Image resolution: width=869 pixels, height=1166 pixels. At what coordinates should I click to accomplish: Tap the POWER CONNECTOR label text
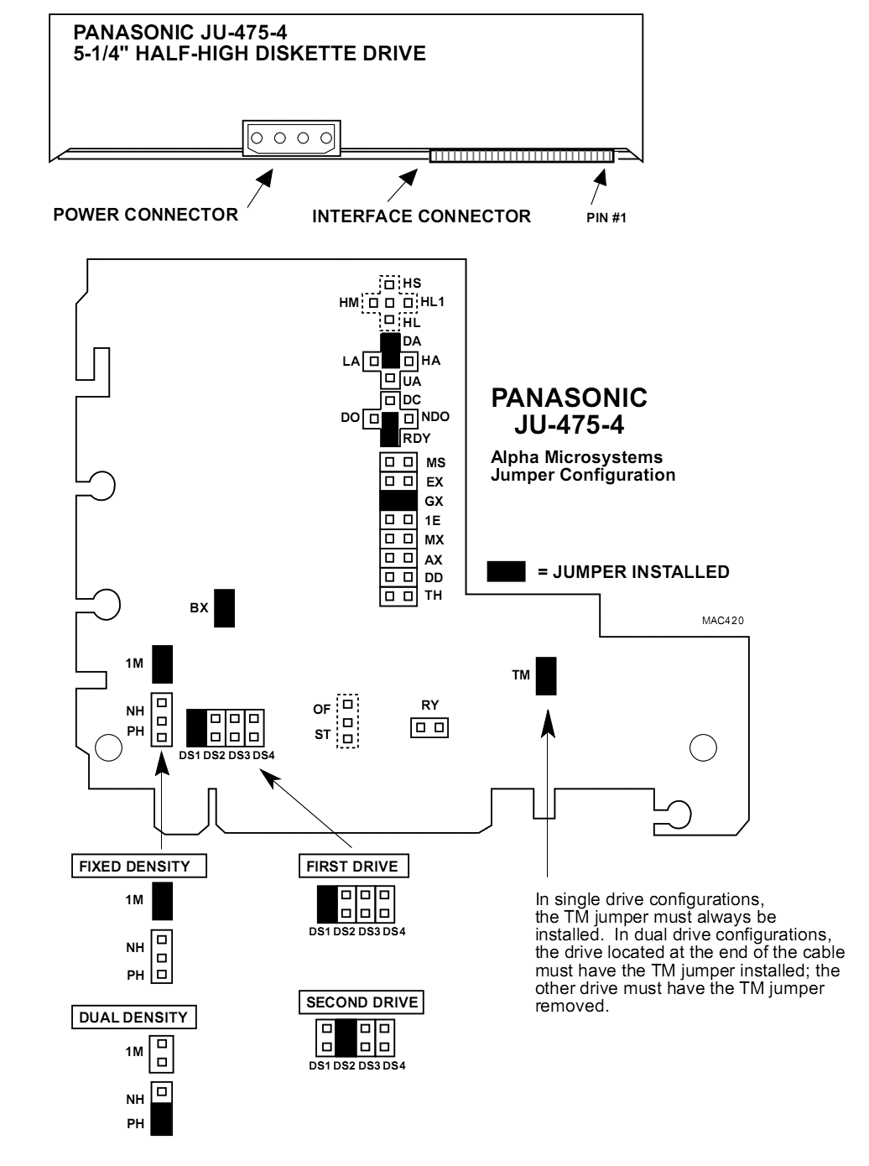(x=145, y=215)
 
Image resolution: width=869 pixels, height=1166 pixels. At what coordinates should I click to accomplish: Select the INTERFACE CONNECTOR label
(x=421, y=216)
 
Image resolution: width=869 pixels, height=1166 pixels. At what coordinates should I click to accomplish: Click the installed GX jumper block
(x=398, y=501)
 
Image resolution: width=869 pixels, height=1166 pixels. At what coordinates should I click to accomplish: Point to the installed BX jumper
(x=224, y=608)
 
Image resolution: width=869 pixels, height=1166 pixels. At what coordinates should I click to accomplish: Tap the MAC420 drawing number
(x=722, y=622)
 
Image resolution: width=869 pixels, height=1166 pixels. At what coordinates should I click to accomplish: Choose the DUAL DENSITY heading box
(x=133, y=1018)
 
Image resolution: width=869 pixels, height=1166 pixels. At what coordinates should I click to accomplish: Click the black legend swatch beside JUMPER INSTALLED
(x=506, y=572)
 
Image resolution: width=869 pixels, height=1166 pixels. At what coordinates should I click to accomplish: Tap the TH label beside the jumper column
(x=433, y=596)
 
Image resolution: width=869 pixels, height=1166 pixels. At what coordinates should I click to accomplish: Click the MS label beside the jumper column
(x=435, y=462)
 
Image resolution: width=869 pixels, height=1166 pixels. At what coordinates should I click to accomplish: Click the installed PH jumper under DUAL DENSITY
(x=162, y=1118)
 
